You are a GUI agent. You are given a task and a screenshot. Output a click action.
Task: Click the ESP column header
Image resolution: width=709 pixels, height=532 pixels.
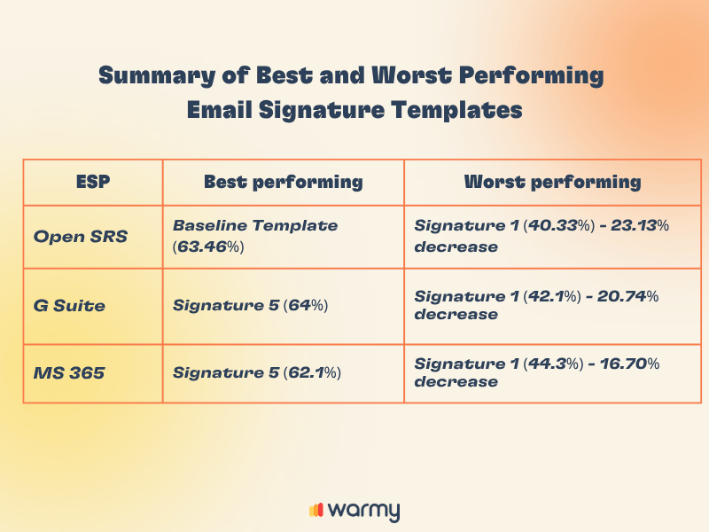tap(92, 182)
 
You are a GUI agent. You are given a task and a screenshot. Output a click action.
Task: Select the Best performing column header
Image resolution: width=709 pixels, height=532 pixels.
tap(283, 182)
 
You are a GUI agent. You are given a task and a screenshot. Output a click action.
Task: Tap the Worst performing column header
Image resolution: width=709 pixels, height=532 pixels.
tap(552, 182)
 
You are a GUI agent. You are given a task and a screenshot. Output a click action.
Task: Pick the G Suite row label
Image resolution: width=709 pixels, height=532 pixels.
tap(69, 306)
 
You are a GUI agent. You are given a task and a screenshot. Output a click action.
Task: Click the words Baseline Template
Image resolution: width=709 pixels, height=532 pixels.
tap(255, 226)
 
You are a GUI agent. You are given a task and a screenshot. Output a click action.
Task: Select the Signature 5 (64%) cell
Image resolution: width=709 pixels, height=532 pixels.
tap(251, 306)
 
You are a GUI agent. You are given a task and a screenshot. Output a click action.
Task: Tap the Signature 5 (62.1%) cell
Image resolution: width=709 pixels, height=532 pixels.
tap(257, 373)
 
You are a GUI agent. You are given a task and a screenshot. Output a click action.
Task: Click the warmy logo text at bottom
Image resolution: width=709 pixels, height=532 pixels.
tap(363, 511)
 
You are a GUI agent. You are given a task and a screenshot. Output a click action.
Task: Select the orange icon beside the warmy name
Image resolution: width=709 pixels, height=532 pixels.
tap(316, 511)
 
